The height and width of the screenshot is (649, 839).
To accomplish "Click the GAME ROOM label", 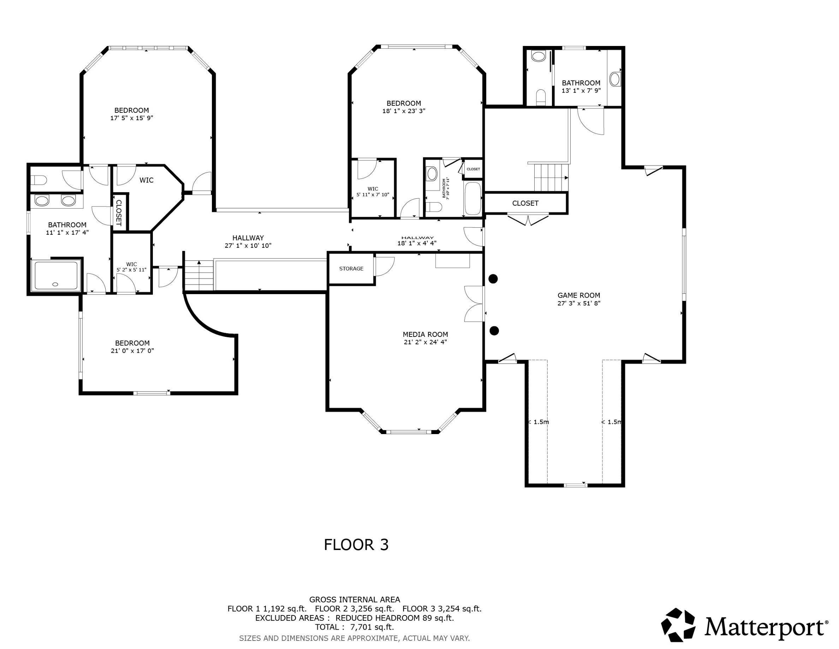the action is [x=578, y=295].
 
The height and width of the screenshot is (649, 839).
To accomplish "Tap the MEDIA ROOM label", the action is [x=425, y=334].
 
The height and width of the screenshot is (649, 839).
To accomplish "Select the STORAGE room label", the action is [x=351, y=269].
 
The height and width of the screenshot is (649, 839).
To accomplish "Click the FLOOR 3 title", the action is [x=356, y=545].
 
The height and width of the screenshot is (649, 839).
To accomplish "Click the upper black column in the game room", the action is [x=493, y=279].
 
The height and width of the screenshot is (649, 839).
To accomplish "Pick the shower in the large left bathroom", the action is [x=56, y=275].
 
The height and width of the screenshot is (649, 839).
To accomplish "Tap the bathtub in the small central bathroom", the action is [x=473, y=199].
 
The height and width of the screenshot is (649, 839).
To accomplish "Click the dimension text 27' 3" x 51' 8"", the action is [x=578, y=303].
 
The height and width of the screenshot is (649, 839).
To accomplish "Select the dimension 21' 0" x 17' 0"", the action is [x=132, y=351].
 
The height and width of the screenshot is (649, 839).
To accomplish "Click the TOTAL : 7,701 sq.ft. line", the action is [x=354, y=627].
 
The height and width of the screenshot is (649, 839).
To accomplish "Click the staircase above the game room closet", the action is [x=551, y=177].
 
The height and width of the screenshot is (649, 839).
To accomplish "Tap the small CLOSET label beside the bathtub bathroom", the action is [x=473, y=169].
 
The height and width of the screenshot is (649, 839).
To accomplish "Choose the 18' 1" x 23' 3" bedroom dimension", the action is [x=403, y=111].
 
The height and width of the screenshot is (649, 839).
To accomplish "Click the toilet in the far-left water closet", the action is [x=38, y=180].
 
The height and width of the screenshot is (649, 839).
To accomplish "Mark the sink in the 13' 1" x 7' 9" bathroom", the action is [x=615, y=79].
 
